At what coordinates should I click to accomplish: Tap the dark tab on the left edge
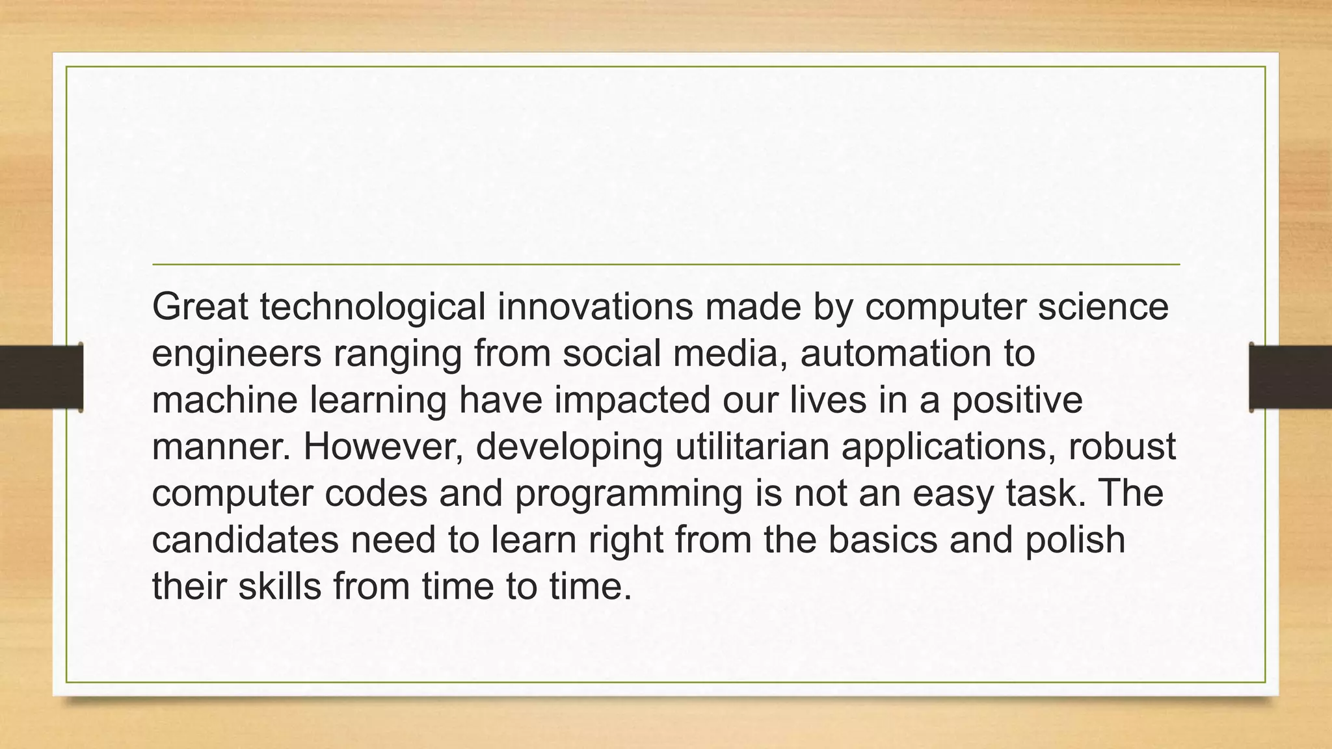point(41,377)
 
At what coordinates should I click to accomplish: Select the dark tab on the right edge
point(1290,377)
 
